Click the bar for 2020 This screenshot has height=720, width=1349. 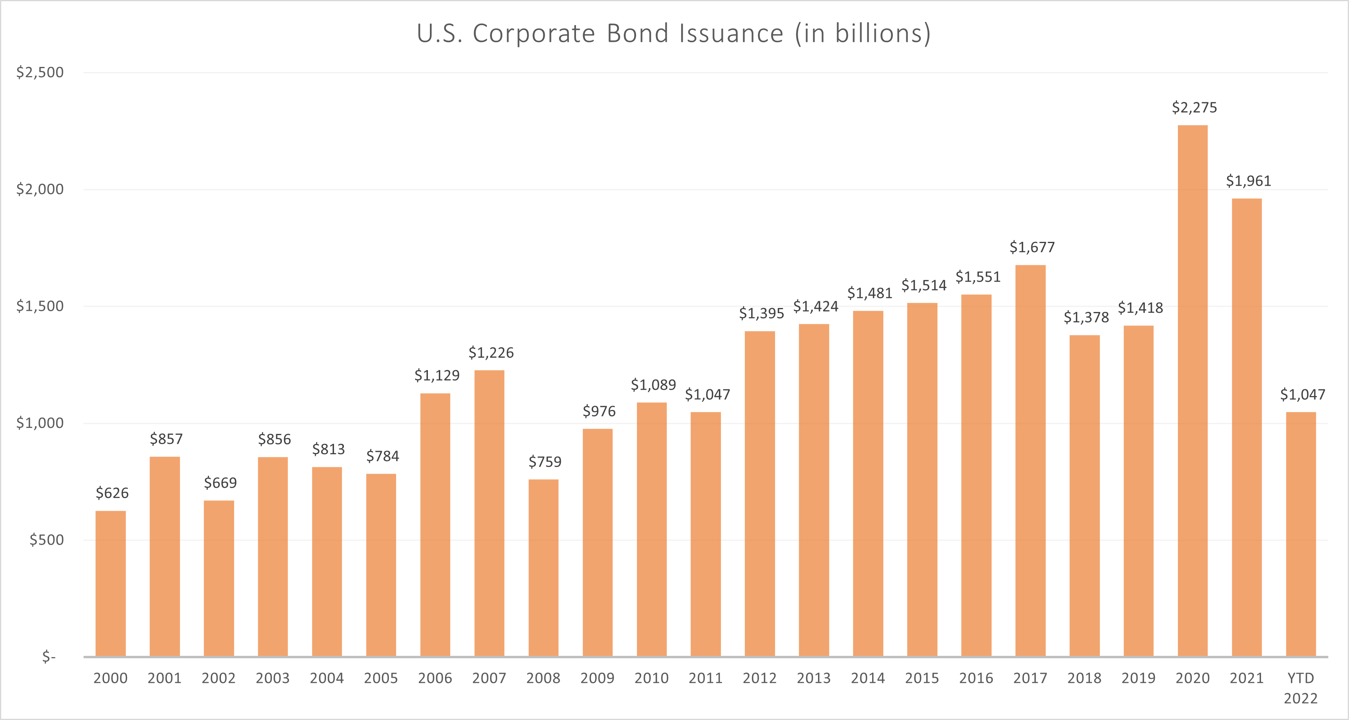1193,390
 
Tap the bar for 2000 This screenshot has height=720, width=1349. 111,583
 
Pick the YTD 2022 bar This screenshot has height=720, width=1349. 1301,534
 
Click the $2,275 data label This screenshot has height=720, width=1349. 1194,108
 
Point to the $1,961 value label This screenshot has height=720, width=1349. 1248,181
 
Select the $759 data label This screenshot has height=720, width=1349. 545,462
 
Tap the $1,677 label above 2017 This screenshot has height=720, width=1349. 1032,247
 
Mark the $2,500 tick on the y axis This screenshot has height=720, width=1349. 40,72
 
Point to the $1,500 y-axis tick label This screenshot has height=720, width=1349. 40,306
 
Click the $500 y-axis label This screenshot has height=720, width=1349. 46,540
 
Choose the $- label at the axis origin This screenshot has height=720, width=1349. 49,657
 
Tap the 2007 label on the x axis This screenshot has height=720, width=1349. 488,678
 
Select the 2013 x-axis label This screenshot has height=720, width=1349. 813,678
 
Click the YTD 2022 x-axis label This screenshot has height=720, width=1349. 1300,688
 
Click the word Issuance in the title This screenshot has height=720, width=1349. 731,33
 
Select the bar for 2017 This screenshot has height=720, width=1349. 1030,461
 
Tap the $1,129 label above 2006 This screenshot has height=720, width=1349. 437,375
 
